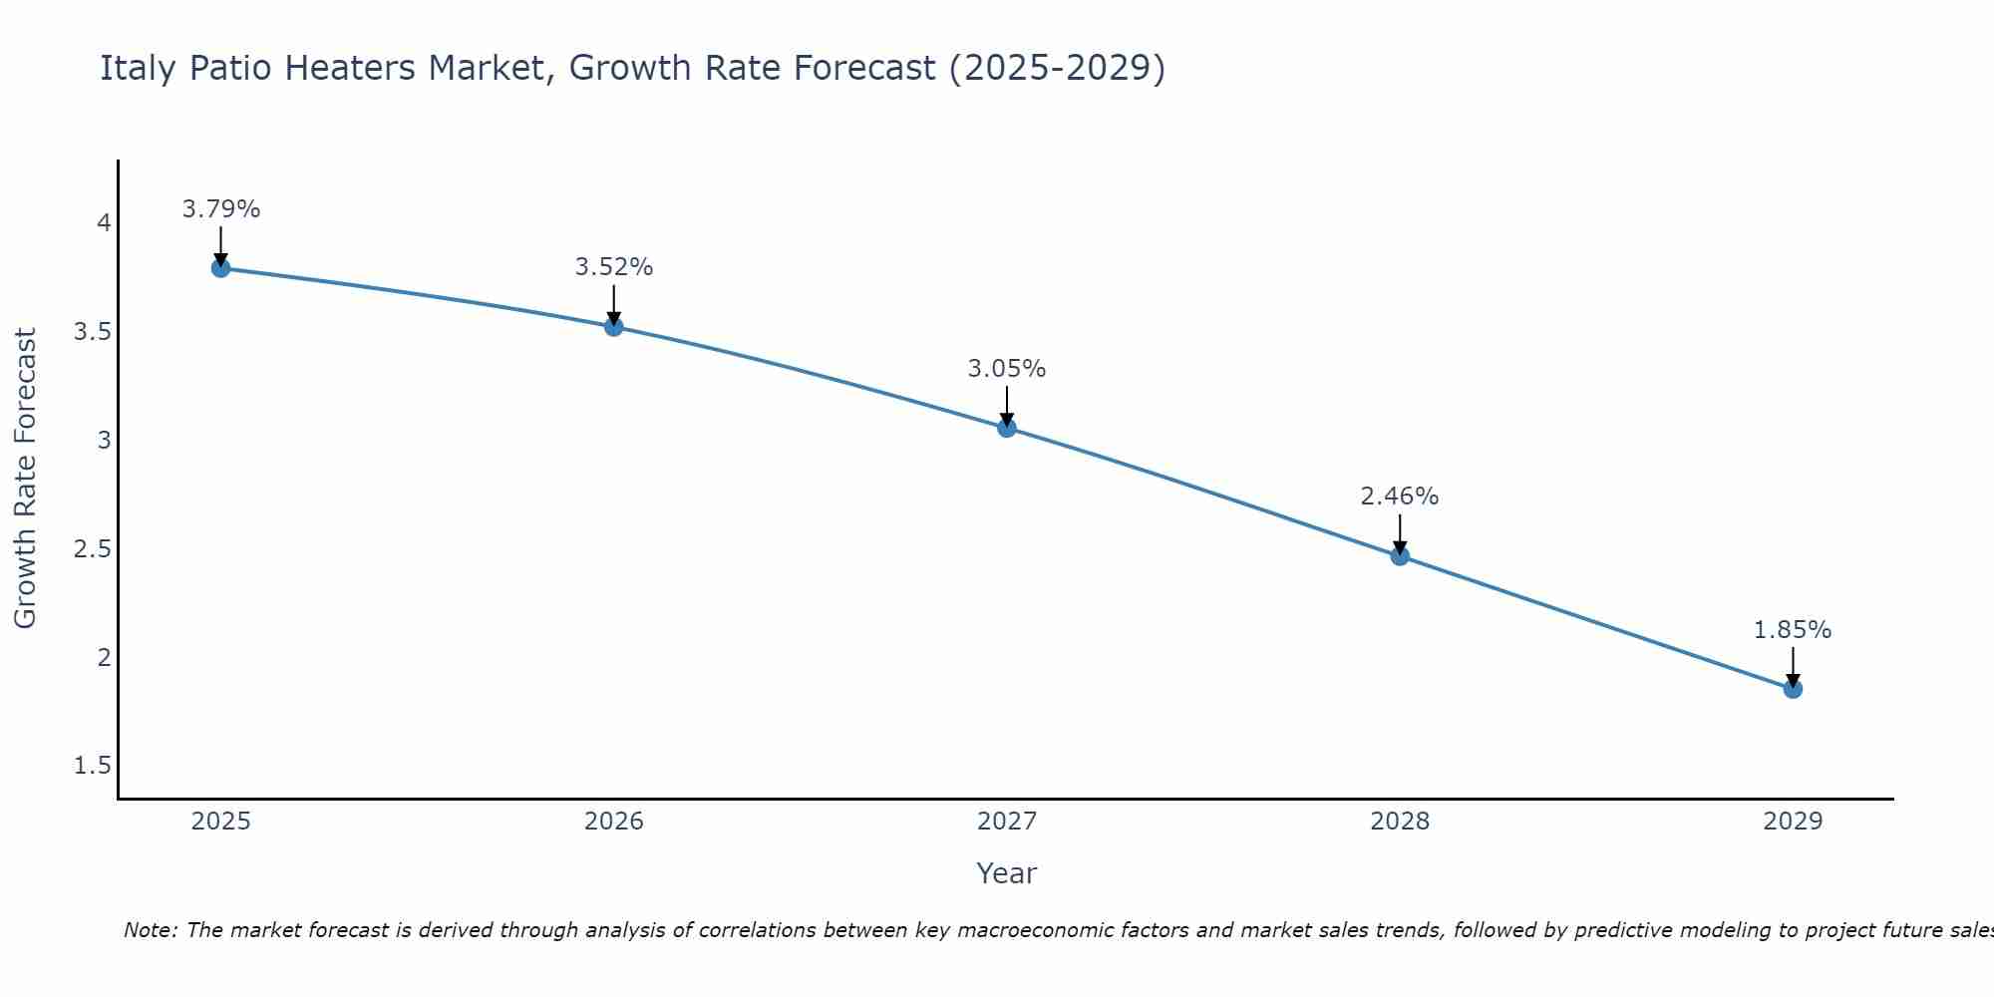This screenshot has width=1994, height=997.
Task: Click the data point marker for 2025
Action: point(221,268)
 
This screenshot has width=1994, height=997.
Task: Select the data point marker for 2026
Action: point(614,326)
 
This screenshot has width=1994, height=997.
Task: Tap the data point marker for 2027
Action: point(1007,428)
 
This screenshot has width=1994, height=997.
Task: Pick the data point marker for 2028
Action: point(1400,556)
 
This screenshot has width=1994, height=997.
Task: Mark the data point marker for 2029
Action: point(1793,689)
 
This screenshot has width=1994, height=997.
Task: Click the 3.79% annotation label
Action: point(221,209)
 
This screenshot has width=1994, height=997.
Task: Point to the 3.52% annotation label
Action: point(614,267)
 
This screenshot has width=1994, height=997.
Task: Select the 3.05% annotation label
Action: point(1007,369)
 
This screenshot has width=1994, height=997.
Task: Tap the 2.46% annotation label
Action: point(1400,497)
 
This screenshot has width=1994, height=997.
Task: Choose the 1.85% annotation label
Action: point(1793,630)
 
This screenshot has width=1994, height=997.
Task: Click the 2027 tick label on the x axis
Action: point(1007,822)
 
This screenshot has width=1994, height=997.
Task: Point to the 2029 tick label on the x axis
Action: point(1793,822)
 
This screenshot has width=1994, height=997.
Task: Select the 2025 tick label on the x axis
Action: point(221,822)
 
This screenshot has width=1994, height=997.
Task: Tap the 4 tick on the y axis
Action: point(104,223)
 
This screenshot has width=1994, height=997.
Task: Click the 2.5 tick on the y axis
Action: point(93,549)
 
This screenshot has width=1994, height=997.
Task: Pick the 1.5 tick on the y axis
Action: point(93,766)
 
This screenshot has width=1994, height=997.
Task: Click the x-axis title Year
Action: point(1007,873)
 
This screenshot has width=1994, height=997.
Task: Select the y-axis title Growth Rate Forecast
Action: point(26,479)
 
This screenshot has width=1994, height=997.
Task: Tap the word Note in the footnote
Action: point(150,930)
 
